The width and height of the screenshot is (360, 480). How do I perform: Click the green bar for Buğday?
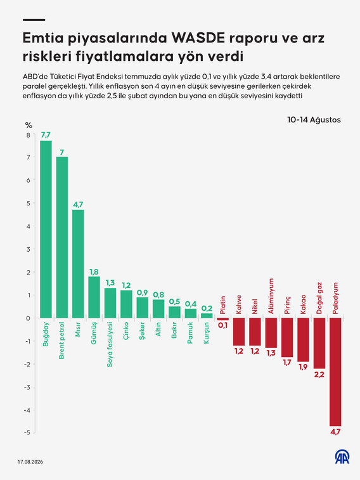point(46,230)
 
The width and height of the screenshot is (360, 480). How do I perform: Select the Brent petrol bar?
point(62,238)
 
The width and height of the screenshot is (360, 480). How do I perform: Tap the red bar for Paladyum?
point(335,372)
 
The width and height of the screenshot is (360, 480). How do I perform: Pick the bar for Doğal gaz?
point(319,343)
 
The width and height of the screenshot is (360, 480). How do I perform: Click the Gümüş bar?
point(94,297)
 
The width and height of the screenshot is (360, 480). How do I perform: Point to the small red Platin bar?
point(222,320)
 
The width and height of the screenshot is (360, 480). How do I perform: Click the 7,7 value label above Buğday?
point(46,135)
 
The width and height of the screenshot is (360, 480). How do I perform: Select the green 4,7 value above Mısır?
point(78,204)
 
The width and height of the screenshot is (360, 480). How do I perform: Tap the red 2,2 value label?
point(319,374)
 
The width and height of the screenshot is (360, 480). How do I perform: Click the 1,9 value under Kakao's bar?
point(303,367)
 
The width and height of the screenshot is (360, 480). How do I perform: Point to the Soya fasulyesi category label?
point(110,344)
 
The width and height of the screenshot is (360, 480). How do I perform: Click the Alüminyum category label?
point(271,296)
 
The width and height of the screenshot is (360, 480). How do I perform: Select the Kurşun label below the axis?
point(207,333)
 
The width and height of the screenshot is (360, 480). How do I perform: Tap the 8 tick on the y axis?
point(29,135)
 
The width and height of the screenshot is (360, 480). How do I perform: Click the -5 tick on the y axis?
point(27,432)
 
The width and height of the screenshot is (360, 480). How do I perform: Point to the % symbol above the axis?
point(29,125)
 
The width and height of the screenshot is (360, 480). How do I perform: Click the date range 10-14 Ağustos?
point(314,120)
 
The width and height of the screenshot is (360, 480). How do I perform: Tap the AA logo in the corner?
point(342,457)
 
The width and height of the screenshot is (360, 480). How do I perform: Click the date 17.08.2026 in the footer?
point(30,462)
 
